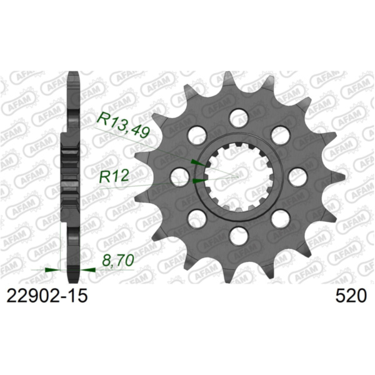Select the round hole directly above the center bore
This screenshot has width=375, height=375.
pos(238,116)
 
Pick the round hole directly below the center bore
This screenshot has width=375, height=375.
pos(238,236)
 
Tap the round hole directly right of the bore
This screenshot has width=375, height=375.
pos(297,176)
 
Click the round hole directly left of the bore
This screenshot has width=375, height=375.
pos(179,176)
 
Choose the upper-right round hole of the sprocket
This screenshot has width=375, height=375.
pos(280,134)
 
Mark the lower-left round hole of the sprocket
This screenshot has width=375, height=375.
pos(196,218)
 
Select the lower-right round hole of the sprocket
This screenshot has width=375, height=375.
pos(280,218)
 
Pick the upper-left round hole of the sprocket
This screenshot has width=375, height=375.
pos(196,134)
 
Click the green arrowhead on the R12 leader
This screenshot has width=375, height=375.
pos(199,181)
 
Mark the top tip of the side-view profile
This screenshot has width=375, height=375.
pos(72,75)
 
